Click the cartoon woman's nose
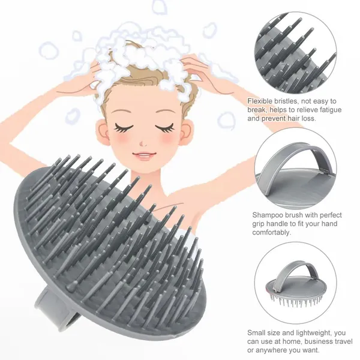coord(143,143)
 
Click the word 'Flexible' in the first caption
coord(261,101)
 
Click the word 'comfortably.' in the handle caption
coord(272,233)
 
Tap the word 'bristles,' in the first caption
coord(287,101)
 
